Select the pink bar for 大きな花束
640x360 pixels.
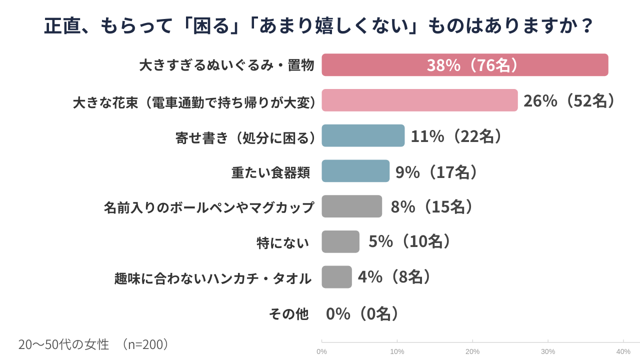point(419,100)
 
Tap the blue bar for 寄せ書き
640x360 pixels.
point(363,135)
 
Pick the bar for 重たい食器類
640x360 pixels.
point(355,171)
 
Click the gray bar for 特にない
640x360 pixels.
point(340,241)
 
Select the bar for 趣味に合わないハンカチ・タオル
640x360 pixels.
point(336,277)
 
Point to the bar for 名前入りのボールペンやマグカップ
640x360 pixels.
point(351,206)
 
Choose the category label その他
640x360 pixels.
point(289,314)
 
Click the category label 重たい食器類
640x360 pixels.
point(270,172)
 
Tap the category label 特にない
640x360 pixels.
point(282,243)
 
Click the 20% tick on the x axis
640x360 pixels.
point(472,351)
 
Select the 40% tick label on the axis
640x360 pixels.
point(623,351)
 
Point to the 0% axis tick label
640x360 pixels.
point(321,351)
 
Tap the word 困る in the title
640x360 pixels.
point(213,25)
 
